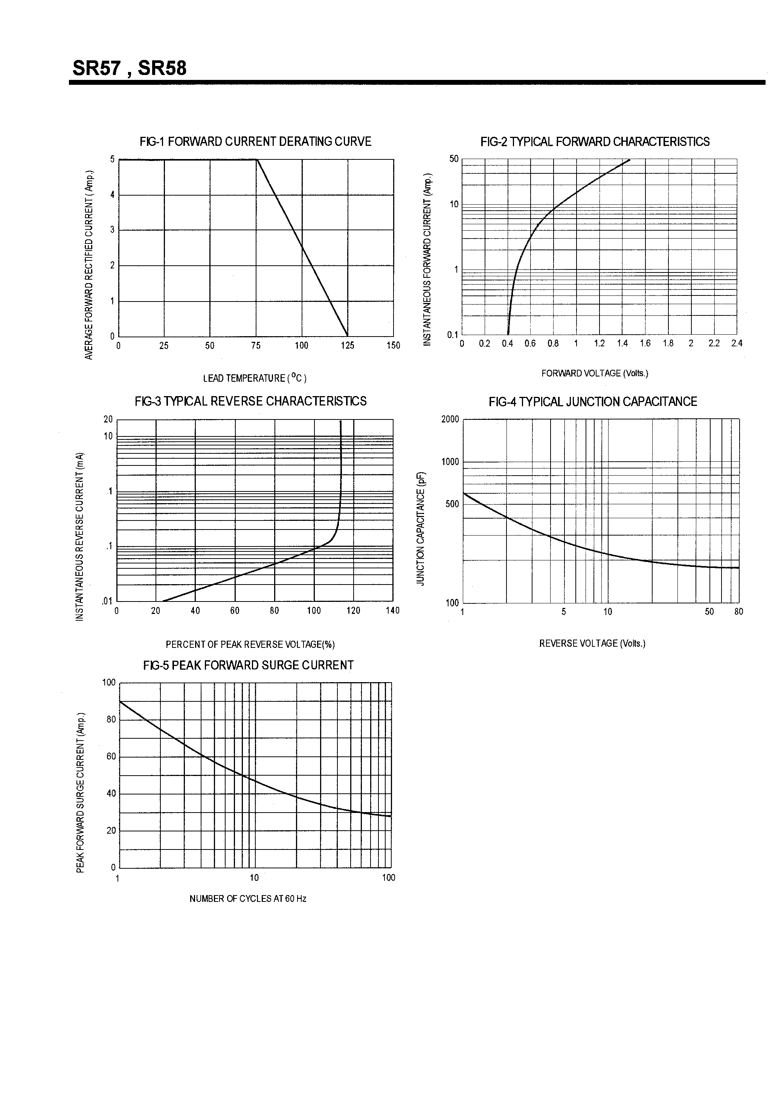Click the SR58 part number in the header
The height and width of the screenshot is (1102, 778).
coord(162,68)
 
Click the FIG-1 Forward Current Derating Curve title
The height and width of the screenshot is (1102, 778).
coord(255,142)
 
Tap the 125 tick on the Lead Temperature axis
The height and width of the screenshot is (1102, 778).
coord(347,346)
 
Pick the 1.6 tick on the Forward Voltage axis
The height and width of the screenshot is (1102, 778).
coord(645,344)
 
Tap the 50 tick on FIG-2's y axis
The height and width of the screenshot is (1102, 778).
coord(454,159)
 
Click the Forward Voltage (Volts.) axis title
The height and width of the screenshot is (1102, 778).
coord(595,373)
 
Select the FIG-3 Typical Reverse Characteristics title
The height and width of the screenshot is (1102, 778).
coord(250,401)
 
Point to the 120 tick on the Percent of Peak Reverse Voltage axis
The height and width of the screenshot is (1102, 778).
coord(354,611)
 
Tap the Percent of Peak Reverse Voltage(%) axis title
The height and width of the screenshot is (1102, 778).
coord(250,644)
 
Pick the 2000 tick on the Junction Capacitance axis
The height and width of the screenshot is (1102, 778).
coord(450,419)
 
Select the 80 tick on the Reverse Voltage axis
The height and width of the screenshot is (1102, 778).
coord(739,612)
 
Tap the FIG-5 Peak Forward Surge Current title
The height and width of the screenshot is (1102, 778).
coord(248,665)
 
